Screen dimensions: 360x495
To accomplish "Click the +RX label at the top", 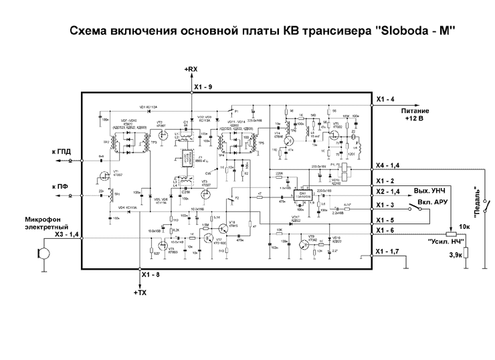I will pyautogui.click(x=191, y=70).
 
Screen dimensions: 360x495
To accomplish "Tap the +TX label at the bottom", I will pyautogui.click(x=139, y=293).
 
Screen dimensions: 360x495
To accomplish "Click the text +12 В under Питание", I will pyautogui.click(x=415, y=118).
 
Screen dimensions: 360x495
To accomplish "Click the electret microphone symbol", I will pyautogui.click(x=42, y=254).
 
